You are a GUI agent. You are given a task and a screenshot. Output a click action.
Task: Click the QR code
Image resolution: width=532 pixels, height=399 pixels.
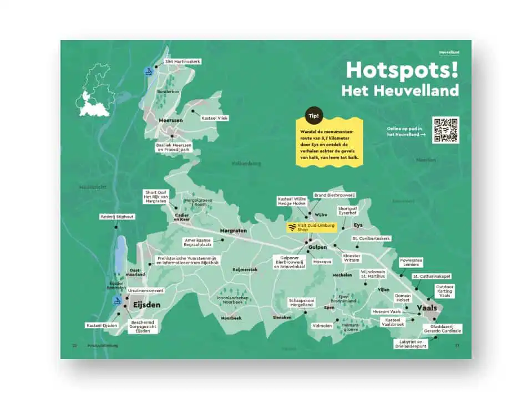[445, 130]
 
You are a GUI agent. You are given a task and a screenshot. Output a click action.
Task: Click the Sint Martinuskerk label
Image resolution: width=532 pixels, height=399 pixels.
[183, 61]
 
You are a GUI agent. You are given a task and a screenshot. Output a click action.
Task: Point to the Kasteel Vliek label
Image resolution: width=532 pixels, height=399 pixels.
[215, 118]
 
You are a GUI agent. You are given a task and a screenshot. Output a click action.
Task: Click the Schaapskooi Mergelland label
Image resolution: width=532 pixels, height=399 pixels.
[301, 303]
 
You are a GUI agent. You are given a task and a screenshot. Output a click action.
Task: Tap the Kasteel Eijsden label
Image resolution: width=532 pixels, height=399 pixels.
[102, 325]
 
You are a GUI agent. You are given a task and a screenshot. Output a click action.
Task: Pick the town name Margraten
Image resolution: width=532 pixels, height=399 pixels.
[232, 230]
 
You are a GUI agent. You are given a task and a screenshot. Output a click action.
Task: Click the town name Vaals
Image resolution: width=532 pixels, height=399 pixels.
[427, 308]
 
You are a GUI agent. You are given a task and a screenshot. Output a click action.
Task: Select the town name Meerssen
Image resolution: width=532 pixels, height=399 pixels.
[156, 120]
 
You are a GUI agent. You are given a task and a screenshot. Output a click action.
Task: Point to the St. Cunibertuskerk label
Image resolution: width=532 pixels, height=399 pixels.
[371, 238]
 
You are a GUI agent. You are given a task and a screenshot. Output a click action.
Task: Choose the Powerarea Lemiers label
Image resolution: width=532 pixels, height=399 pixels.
[412, 262]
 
